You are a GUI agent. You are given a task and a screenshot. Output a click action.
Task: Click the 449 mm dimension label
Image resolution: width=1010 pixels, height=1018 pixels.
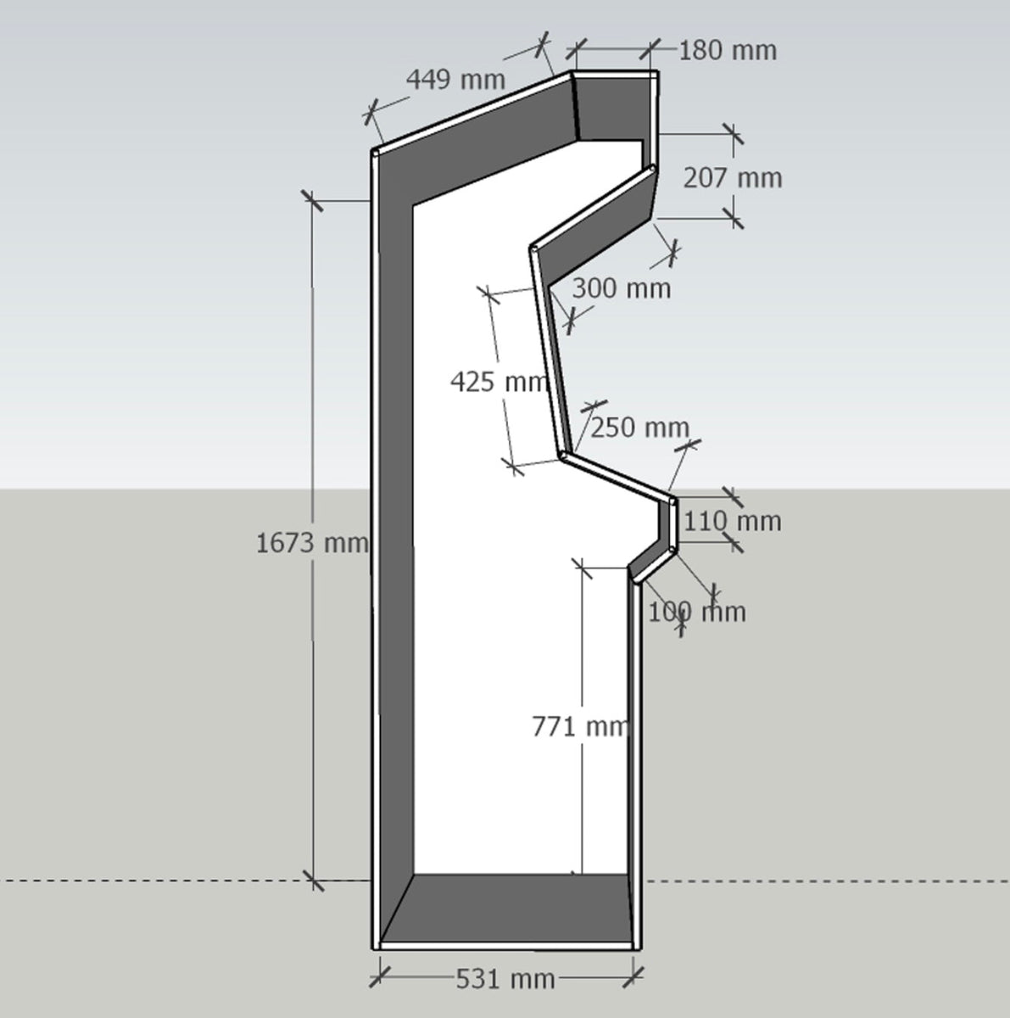coord(455,80)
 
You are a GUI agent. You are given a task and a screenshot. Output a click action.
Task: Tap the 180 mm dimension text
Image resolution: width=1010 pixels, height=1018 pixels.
coord(728,51)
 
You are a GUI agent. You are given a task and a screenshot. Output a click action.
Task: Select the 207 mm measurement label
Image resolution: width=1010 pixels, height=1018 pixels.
coord(733,178)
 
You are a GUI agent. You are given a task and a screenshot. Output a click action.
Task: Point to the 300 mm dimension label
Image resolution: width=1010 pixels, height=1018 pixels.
coord(622,288)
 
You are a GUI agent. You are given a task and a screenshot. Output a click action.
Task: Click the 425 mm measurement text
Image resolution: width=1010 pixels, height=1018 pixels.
coord(499,382)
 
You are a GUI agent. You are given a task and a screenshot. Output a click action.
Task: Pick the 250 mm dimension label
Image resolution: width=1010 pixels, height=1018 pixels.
coord(639,428)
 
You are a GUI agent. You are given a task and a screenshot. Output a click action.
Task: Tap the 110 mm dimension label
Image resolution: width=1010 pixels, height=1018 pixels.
coord(732,522)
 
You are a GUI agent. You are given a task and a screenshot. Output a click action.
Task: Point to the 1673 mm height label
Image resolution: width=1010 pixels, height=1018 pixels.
coord(312,543)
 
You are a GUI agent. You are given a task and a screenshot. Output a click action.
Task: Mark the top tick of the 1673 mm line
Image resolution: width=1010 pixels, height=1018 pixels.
coord(312,201)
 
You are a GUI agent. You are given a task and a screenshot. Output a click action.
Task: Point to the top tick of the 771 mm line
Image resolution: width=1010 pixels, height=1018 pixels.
coord(582,568)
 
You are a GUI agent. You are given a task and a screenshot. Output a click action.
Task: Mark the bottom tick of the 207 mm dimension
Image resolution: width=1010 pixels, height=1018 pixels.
coord(734,218)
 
